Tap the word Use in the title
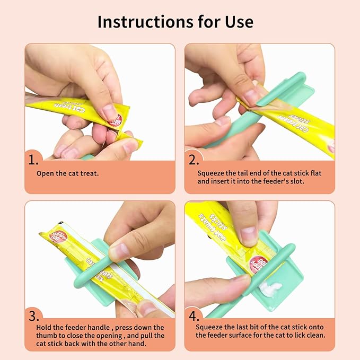tap(239, 22)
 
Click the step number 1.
tap(33, 160)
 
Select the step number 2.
tap(194, 160)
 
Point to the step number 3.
tap(34, 316)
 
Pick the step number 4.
tap(194, 316)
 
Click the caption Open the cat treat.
tap(67, 173)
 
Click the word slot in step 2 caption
tap(296, 181)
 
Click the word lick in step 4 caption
tap(300, 335)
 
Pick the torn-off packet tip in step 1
tap(129, 139)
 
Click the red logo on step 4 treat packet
tap(259, 264)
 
